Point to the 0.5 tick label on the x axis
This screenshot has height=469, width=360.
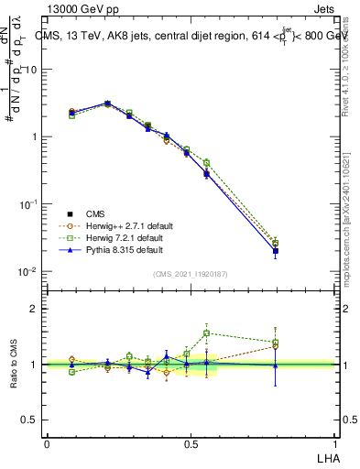(x=191, y=444)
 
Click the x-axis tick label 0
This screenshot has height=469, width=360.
(x=47, y=444)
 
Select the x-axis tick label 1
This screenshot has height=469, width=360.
(x=334, y=444)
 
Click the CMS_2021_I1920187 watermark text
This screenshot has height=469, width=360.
(x=190, y=274)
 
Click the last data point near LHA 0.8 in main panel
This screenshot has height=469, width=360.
(x=276, y=250)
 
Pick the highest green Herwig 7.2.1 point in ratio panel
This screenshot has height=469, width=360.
(x=207, y=333)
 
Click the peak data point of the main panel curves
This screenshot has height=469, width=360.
(x=108, y=104)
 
